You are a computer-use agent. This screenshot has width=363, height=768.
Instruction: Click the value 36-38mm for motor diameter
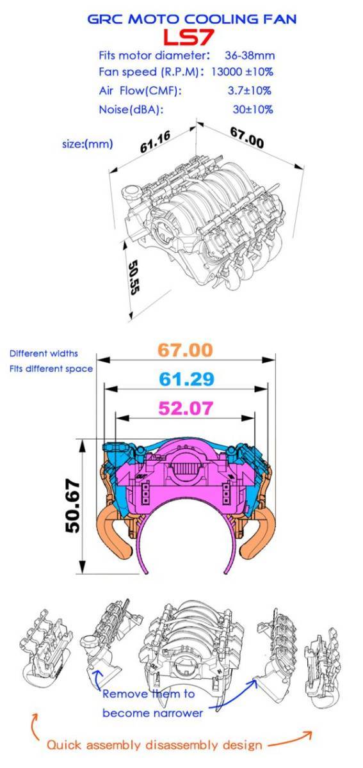tap(250, 55)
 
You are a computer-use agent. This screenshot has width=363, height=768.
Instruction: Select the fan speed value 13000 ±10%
tap(242, 72)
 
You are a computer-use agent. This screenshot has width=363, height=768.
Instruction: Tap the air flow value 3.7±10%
tap(250, 90)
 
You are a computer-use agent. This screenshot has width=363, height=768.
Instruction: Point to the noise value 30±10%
tap(253, 109)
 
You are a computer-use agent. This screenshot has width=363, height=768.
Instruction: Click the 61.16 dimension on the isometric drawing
tap(156, 141)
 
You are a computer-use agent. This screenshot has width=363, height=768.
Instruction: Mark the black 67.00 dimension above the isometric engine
tap(247, 138)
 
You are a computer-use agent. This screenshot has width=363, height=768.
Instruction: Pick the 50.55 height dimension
tap(134, 278)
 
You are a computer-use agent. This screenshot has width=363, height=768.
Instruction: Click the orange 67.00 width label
tap(185, 350)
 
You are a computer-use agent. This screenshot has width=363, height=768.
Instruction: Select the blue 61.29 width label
tap(187, 379)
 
